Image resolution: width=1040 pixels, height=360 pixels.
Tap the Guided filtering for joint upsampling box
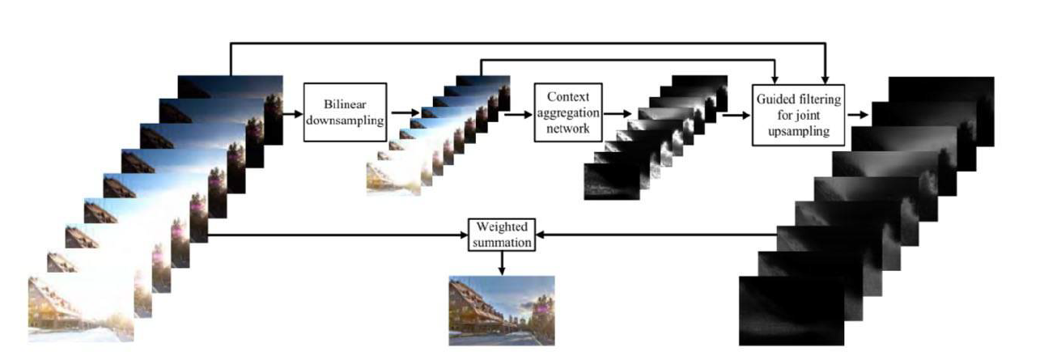[798, 114]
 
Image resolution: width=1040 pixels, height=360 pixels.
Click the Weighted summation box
[502, 235]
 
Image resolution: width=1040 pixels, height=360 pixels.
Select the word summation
[502, 242]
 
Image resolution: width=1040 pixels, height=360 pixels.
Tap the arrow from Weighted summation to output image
[502, 262]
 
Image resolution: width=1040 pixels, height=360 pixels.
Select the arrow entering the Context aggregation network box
[518, 113]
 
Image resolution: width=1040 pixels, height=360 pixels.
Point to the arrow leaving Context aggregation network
[619, 114]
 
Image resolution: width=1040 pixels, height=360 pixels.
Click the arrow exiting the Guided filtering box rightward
[859, 115]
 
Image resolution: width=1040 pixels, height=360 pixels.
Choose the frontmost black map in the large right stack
[789, 311]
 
